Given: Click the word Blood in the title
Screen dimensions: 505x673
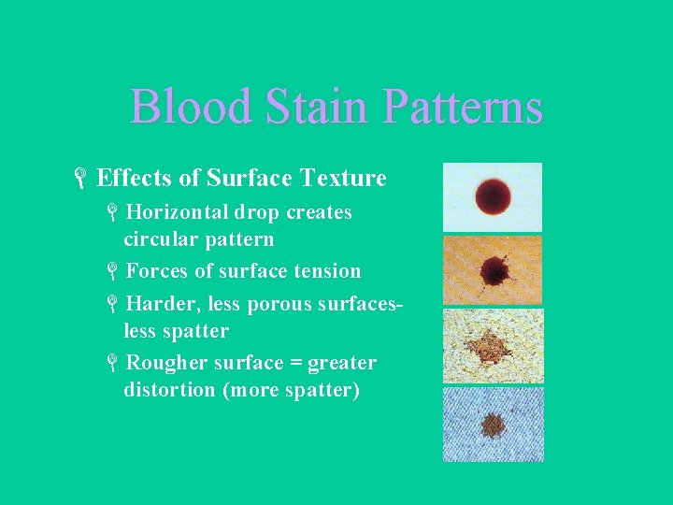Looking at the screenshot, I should (191, 107).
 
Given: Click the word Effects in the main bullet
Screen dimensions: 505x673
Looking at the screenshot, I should (130, 178).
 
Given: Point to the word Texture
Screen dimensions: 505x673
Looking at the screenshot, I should (344, 178).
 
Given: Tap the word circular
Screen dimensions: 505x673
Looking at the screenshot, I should (158, 239).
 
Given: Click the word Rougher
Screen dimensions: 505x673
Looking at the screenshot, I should (165, 363).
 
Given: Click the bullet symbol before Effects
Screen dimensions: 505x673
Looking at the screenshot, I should (82, 178).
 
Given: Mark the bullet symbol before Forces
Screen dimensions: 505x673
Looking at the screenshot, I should (111, 272).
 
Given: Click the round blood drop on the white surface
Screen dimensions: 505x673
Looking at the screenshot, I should (492, 197).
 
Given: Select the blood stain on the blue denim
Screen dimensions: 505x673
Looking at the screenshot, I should (492, 426).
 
